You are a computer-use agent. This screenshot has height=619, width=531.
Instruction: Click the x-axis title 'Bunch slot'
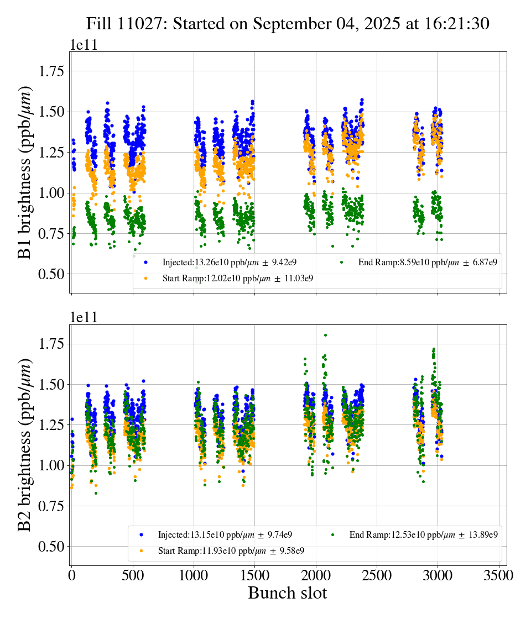(x=287, y=593)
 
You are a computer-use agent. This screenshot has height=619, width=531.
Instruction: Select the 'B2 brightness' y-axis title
(x=25, y=445)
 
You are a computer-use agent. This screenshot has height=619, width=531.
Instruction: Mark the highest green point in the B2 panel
(x=325, y=335)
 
